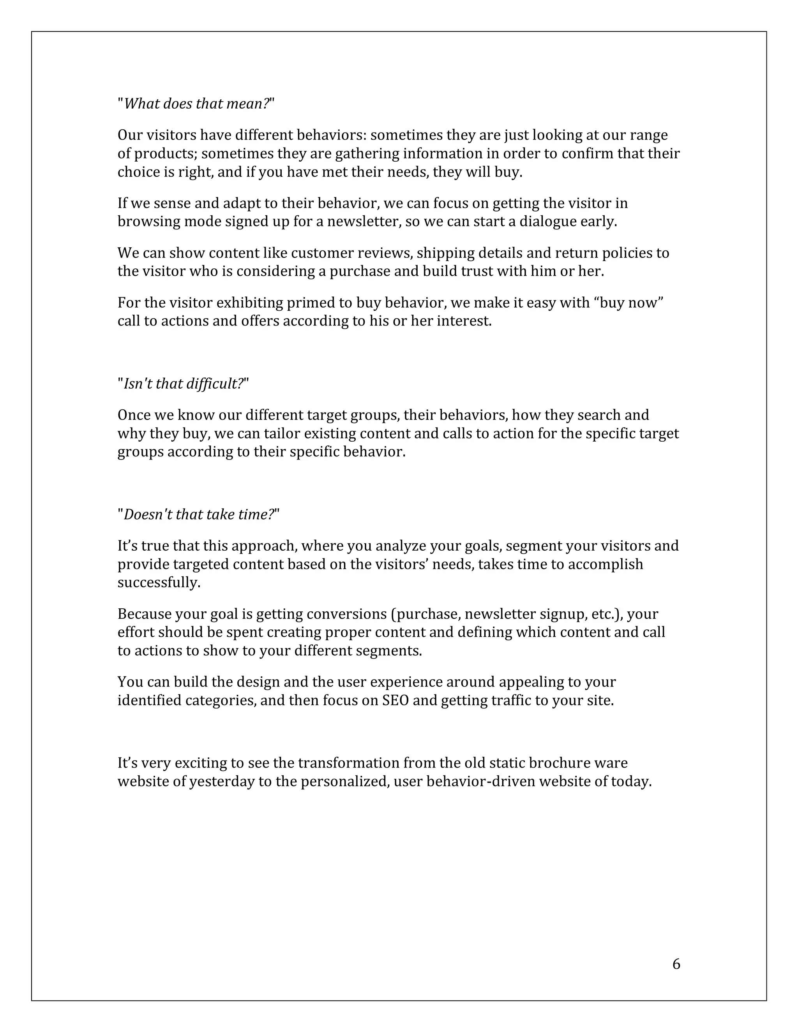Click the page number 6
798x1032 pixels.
(676, 964)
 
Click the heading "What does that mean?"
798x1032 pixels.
(196, 104)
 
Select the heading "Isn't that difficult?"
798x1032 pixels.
(183, 384)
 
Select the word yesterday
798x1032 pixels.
(222, 782)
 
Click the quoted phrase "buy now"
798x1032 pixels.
(629, 303)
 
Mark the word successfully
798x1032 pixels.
(159, 583)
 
